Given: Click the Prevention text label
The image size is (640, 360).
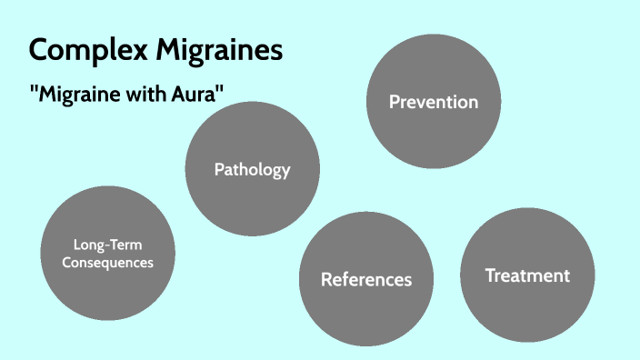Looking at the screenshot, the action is pos(434,102).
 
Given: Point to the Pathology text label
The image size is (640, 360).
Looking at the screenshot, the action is pos(252,169).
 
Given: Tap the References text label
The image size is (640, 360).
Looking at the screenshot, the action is pos(366,279).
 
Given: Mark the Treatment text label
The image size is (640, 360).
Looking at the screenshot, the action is pos(527,275).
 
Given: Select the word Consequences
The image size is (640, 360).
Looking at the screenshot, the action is pos(108,262).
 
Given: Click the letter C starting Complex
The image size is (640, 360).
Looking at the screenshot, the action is pos(39,49).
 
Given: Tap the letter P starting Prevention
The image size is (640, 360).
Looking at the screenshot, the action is pos(395,102).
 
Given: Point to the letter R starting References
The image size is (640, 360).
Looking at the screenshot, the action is pos(327,279).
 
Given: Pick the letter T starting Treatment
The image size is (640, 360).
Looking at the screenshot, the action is pos(490,275).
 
